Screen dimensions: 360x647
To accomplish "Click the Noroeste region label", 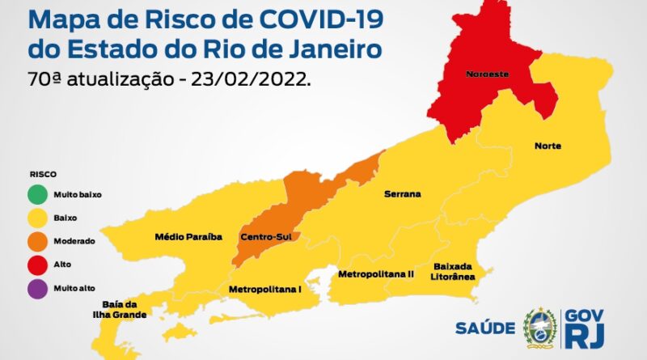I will coord(486,74).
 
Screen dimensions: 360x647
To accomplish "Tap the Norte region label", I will coord(548,146).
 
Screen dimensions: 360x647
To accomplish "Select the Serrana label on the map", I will coord(402,195).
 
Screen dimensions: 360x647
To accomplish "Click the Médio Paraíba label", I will coord(188,237).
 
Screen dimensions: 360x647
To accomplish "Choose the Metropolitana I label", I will coord(265,288).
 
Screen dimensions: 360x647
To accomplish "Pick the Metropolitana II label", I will coord(376,274).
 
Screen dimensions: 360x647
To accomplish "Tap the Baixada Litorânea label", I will coord(454,272).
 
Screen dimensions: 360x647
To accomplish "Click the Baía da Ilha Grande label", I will coord(125,309).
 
